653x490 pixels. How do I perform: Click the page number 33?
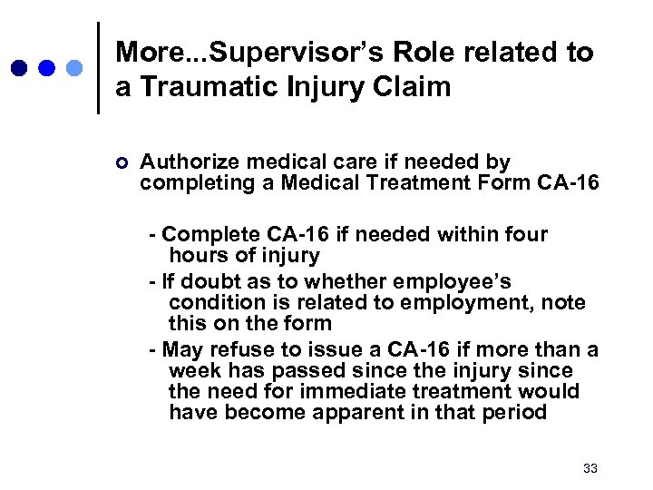click(590, 468)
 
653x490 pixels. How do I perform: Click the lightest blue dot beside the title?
click(75, 68)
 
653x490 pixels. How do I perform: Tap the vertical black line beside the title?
click(98, 68)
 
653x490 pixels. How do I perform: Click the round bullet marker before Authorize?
click(123, 163)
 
